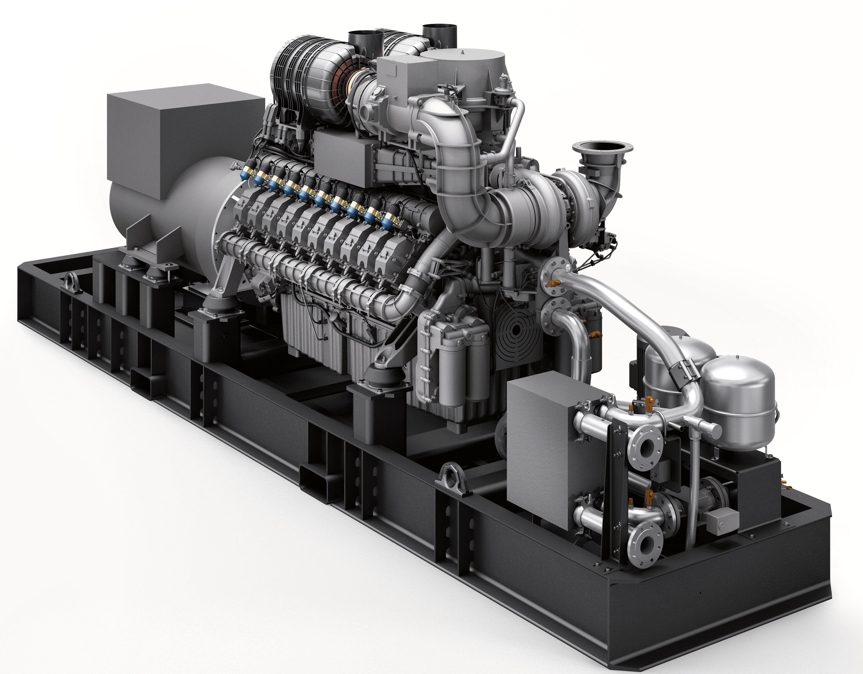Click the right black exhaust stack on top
(439, 36)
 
